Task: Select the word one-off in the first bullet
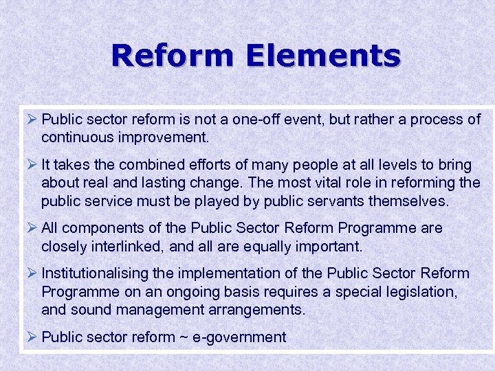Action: [x=252, y=119]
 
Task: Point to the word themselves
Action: [x=410, y=201]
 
